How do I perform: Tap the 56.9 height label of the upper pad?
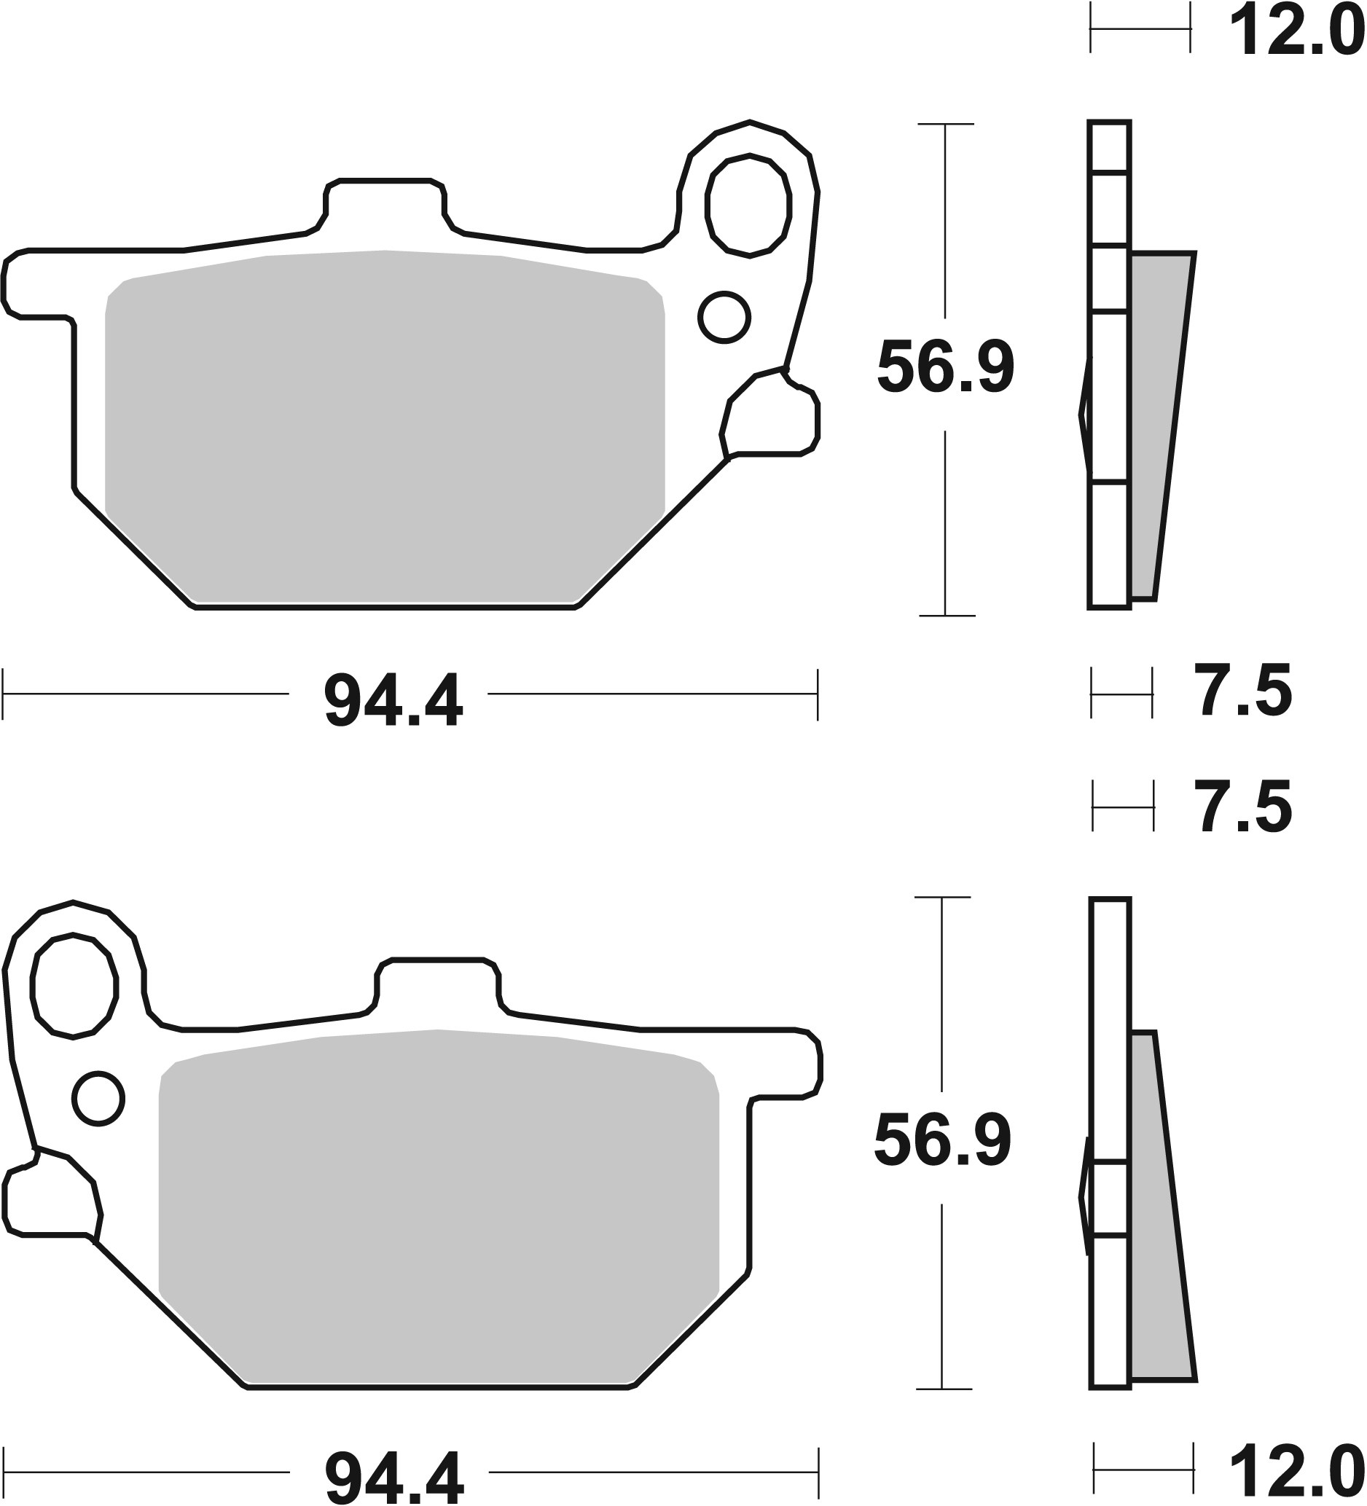pyautogui.click(x=945, y=368)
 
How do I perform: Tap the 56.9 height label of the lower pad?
pyautogui.click(x=942, y=1141)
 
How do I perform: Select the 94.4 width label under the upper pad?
pyautogui.click(x=393, y=702)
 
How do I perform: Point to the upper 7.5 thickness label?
pyautogui.click(x=1245, y=692)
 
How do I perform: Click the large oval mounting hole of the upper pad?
pyautogui.click(x=748, y=206)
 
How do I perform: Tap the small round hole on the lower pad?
pyautogui.click(x=98, y=1099)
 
